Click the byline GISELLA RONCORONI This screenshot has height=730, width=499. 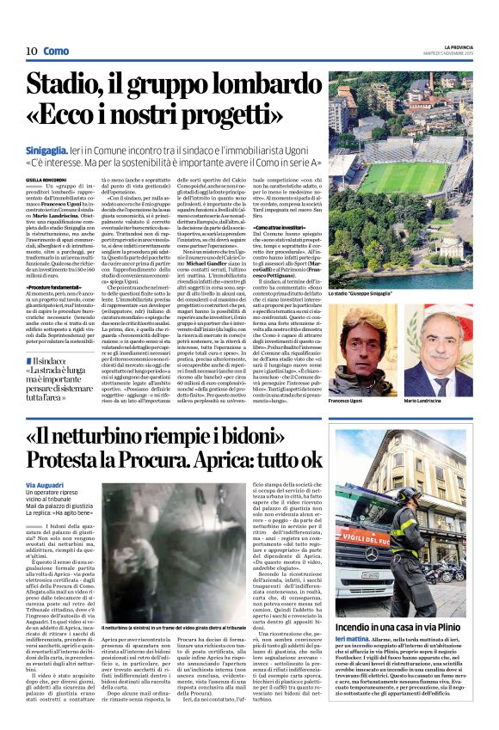(46, 179)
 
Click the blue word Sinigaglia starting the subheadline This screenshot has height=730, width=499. (52, 149)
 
